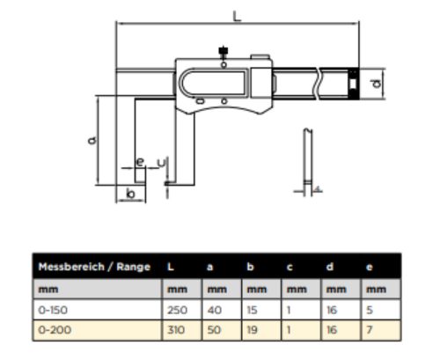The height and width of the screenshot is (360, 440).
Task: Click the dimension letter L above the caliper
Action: [237, 16]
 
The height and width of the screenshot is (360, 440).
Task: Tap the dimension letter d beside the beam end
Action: [377, 84]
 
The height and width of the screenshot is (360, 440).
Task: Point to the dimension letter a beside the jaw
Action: [92, 140]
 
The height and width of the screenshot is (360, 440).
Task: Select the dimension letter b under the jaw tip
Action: [130, 194]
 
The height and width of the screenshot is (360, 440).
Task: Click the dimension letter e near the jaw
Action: [141, 162]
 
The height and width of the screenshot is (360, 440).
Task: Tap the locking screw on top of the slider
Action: [224, 51]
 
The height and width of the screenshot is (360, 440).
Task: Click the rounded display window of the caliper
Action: [212, 83]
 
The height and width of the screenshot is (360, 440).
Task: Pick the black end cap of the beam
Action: [353, 84]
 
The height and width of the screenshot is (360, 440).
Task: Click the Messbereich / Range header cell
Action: [94, 267]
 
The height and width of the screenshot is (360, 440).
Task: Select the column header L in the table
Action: [171, 267]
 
